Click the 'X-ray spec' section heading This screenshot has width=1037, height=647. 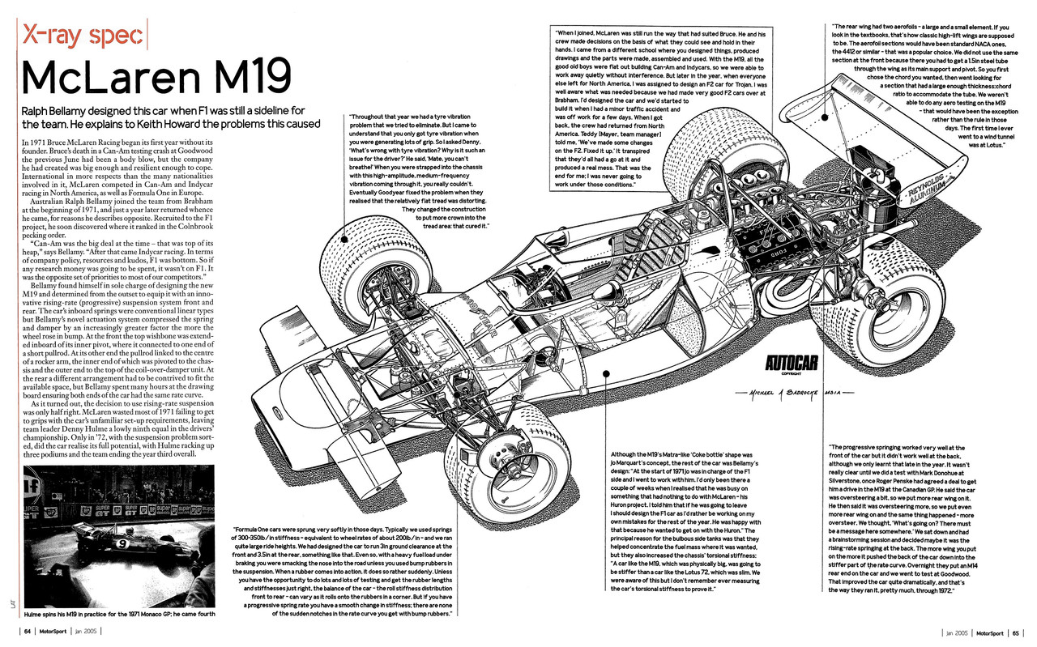tap(84, 36)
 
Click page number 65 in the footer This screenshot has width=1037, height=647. tap(1015, 632)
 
